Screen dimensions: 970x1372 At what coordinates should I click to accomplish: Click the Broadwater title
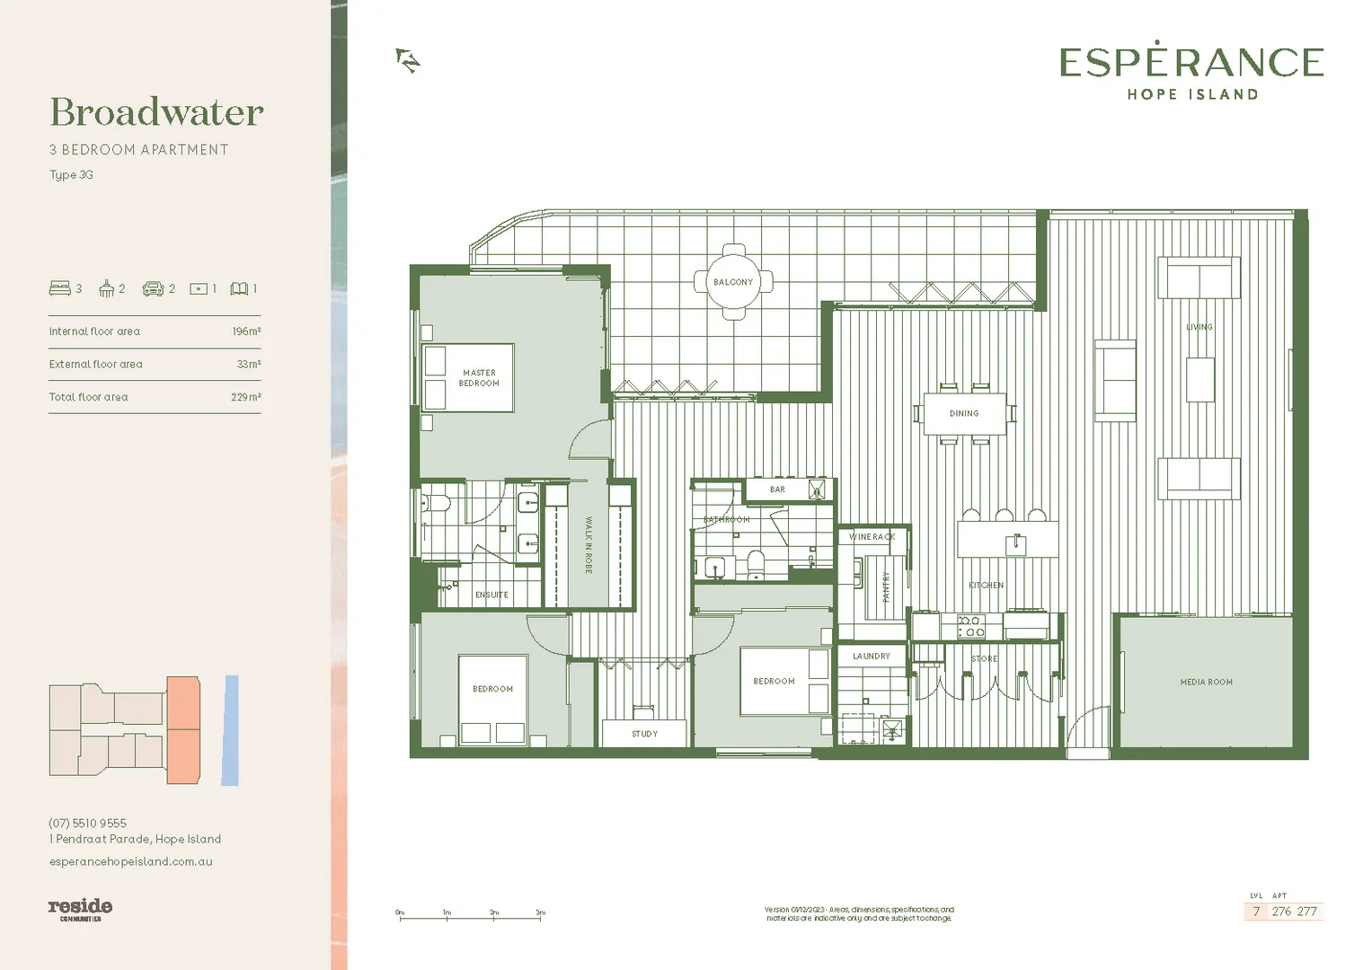(156, 112)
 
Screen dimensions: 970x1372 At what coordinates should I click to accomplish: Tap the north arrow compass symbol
(408, 60)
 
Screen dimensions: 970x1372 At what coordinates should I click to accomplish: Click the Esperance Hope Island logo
(1191, 71)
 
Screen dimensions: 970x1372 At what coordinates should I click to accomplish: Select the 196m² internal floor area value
(246, 331)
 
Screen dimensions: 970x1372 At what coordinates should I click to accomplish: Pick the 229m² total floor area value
(245, 397)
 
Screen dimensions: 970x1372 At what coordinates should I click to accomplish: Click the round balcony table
(733, 282)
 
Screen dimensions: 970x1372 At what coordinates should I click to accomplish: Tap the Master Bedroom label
(479, 378)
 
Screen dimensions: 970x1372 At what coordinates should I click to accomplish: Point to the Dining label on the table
(964, 414)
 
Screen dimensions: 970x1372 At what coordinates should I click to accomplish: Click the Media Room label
(1206, 683)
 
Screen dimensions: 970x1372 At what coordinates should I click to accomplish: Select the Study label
(644, 734)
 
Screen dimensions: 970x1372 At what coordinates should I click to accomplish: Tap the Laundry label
(871, 657)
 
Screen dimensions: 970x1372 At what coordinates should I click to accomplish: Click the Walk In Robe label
(589, 545)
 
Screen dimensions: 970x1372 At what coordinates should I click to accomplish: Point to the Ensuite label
(491, 595)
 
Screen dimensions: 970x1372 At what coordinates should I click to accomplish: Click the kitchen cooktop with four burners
(970, 626)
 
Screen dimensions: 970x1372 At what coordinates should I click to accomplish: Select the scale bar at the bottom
(471, 916)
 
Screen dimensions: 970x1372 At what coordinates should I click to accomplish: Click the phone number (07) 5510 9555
(87, 823)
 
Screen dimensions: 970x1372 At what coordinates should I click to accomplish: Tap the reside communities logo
(80, 908)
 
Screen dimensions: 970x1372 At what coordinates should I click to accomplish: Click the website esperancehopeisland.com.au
(130, 861)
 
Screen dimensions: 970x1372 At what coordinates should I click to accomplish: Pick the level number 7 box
(1256, 912)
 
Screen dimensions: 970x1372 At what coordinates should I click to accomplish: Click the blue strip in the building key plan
(231, 730)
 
